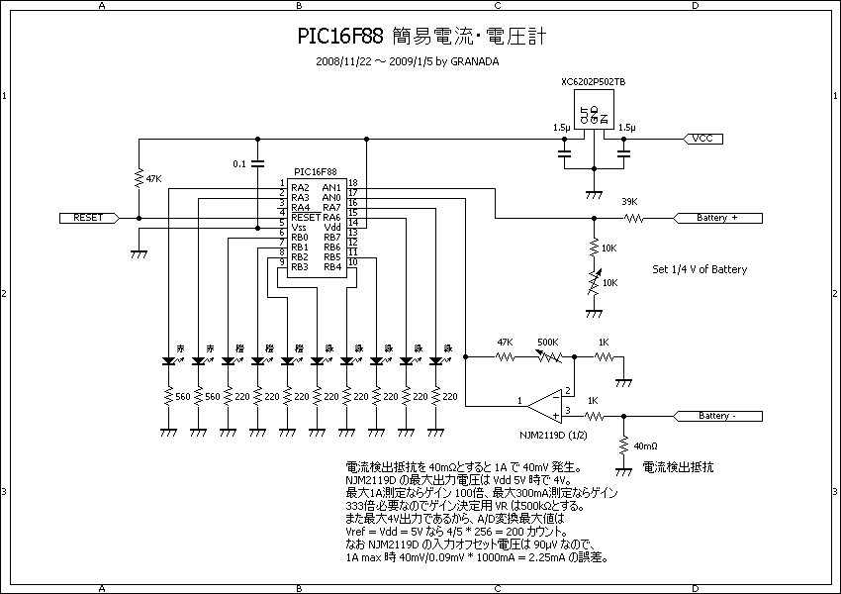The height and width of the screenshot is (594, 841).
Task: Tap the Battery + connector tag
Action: point(717,217)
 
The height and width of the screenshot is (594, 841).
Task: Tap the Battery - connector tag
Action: point(717,416)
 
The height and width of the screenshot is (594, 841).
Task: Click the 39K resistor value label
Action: point(628,202)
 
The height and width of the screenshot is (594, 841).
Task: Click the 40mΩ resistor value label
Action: point(645,445)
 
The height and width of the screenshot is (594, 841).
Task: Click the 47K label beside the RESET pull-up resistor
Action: point(153,179)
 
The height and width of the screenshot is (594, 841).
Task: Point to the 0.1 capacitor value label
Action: point(238,163)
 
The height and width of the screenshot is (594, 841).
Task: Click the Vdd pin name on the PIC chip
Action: point(331,227)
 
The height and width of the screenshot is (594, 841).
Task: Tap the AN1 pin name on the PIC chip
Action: point(331,187)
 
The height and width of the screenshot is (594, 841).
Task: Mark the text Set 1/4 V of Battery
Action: point(700,269)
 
